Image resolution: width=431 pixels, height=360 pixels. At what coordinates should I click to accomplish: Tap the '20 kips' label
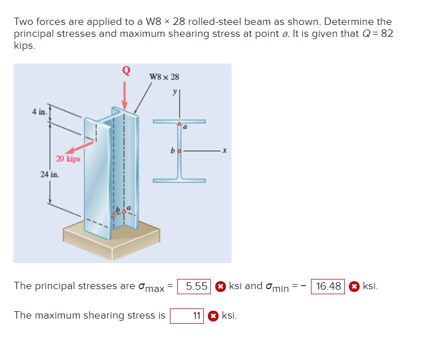[x=68, y=159]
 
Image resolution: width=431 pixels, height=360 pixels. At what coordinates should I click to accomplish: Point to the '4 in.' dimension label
[x=40, y=111]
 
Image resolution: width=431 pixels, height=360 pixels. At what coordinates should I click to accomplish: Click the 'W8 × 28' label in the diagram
[x=164, y=77]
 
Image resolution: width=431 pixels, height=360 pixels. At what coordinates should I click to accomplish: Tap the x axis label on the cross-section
[x=224, y=151]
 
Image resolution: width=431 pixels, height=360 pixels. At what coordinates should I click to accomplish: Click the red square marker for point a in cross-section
[x=179, y=124]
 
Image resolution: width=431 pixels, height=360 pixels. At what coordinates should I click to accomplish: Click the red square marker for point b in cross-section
[x=179, y=151]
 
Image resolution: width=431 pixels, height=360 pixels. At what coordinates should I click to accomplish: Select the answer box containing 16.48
[x=328, y=286]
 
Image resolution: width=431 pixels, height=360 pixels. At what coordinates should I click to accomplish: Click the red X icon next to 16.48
[x=353, y=286]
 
